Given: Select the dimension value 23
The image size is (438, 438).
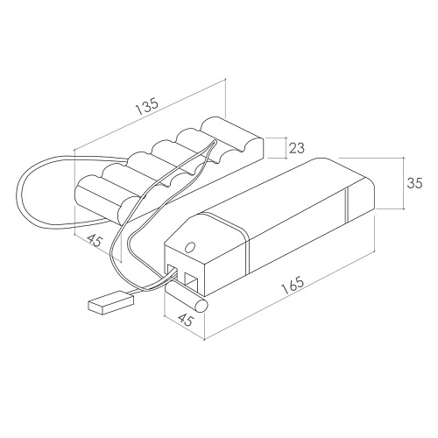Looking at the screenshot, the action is (297, 148).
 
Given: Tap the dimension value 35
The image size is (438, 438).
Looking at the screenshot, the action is (415, 183).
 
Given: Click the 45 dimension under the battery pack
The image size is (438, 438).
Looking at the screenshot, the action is (95, 240).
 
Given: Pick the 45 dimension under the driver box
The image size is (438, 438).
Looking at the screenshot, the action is (185, 320).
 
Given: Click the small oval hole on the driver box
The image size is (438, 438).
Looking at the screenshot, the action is (190, 247).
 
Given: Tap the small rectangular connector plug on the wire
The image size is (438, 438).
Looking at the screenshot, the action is (110, 304).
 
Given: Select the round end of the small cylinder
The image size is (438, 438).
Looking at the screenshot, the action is (201, 306).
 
